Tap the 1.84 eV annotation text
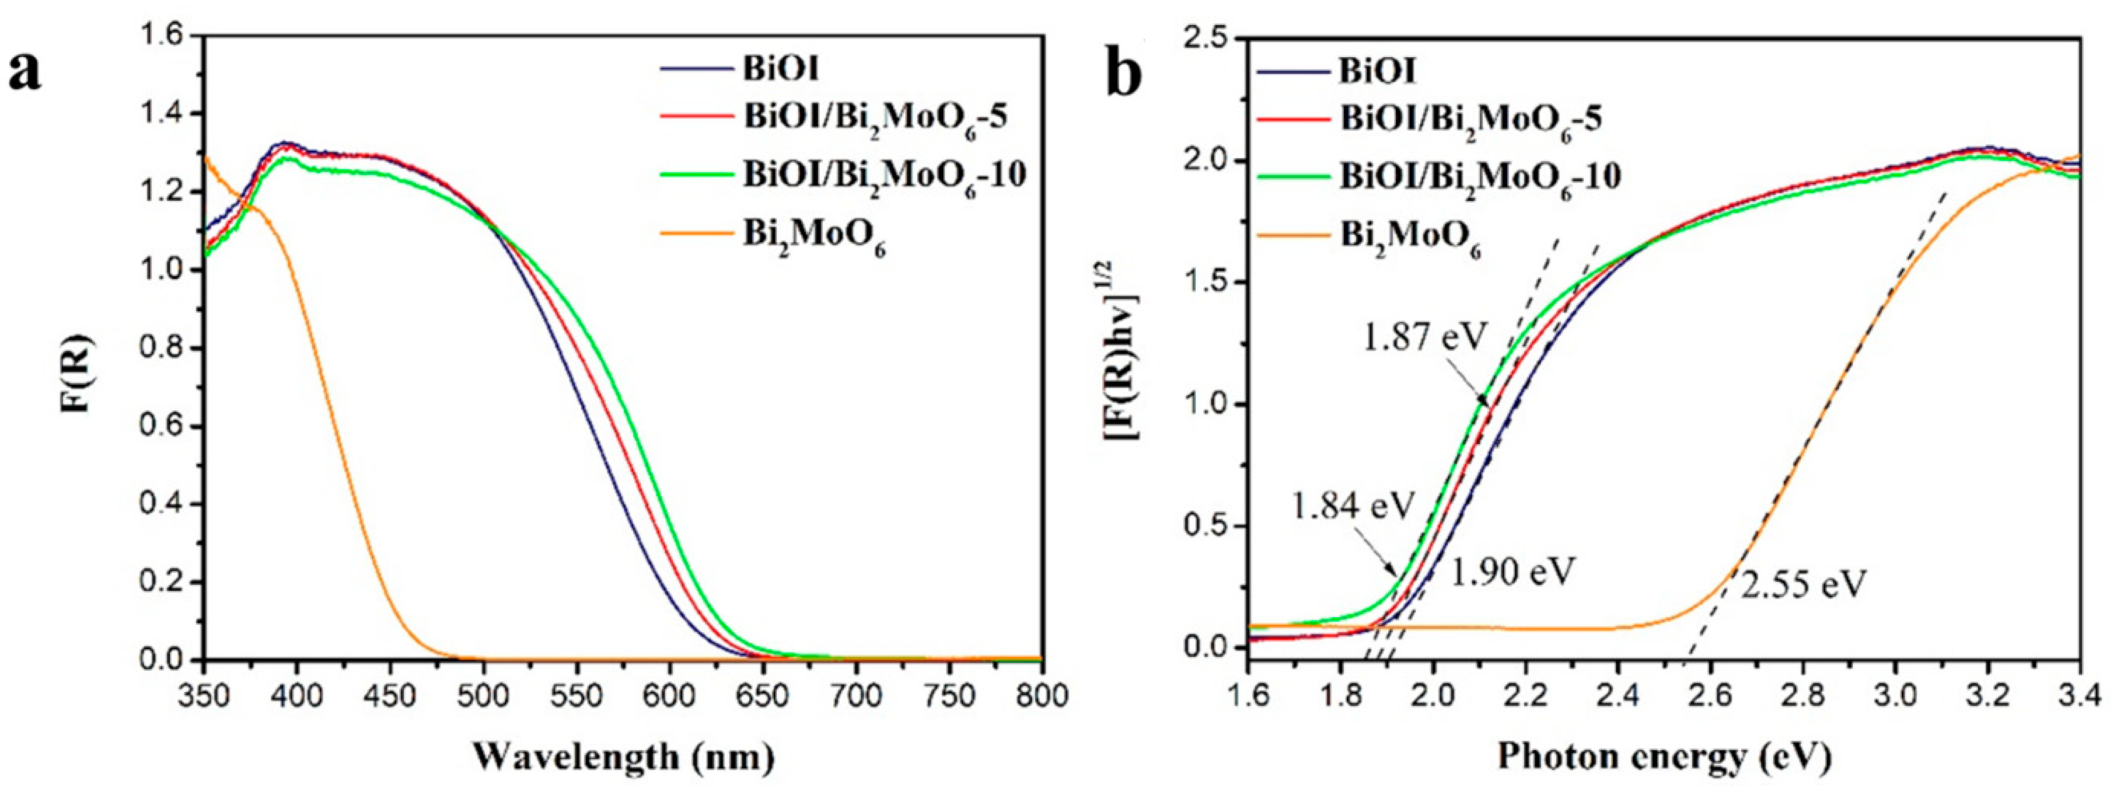click(x=1352, y=506)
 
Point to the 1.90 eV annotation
click(x=1512, y=572)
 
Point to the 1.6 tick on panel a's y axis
click(x=165, y=36)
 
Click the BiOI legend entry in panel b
click(x=1377, y=72)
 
